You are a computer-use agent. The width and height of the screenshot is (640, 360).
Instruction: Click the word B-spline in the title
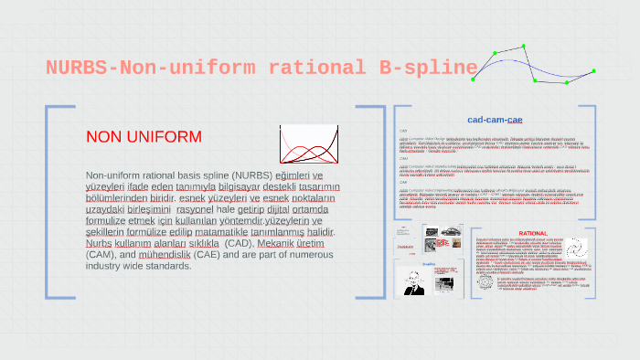click(428, 68)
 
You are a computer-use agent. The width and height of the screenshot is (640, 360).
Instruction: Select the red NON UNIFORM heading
click(144, 137)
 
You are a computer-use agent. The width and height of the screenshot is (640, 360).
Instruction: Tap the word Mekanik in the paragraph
click(277, 244)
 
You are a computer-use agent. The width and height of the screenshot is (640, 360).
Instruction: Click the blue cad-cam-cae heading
click(495, 120)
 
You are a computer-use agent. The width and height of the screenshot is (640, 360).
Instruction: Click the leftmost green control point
click(474, 79)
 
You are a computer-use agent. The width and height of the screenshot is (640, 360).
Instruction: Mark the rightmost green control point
click(593, 70)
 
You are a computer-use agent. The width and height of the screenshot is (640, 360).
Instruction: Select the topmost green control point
click(524, 46)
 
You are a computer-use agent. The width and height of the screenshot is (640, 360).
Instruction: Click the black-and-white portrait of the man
click(416, 281)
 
